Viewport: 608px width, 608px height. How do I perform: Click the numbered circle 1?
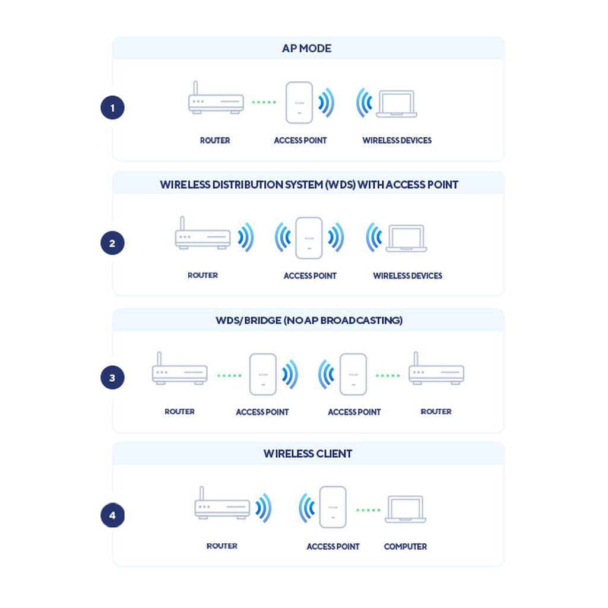[112, 108]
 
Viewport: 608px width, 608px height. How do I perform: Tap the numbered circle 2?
[112, 243]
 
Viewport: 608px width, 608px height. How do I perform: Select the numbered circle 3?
[112, 378]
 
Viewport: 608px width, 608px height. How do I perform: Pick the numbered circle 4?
[112, 515]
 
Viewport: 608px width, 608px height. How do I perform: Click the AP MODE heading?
[306, 49]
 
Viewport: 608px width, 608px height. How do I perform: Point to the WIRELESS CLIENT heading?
[308, 454]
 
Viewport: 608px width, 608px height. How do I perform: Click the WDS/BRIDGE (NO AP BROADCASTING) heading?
[309, 321]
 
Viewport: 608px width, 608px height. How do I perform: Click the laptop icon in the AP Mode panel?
[397, 104]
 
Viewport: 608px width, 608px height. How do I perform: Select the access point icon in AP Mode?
[299, 102]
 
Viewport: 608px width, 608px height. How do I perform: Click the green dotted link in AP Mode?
[264, 102]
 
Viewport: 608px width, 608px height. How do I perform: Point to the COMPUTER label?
[405, 546]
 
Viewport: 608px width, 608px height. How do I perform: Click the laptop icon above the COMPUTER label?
[405, 510]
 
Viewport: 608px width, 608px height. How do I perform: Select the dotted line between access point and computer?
[368, 510]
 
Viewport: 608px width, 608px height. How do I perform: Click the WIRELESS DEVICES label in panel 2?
[407, 275]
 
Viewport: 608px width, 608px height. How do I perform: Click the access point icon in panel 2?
[309, 238]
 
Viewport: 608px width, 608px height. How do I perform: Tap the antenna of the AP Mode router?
[195, 88]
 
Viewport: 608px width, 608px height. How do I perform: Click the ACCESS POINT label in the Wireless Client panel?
[333, 546]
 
